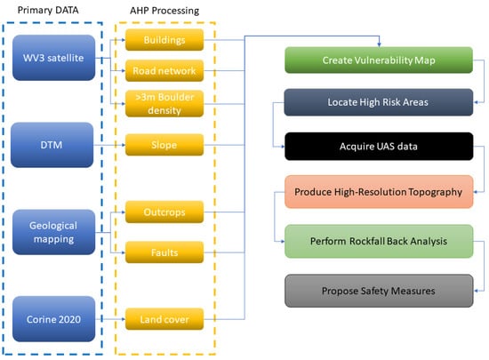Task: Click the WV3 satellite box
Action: pyautogui.click(x=53, y=58)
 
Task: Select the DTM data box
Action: pyautogui.click(x=52, y=145)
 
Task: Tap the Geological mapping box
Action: pyautogui.click(x=53, y=232)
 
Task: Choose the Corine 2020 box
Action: pyautogui.click(x=53, y=319)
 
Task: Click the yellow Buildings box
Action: pyautogui.click(x=164, y=40)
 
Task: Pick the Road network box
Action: pyautogui.click(x=164, y=71)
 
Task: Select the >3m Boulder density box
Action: pyautogui.click(x=164, y=103)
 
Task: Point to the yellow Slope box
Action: pyautogui.click(x=164, y=145)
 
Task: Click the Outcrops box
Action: pyautogui.click(x=164, y=212)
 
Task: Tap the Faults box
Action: pyautogui.click(x=164, y=252)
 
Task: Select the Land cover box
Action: pyautogui.click(x=164, y=319)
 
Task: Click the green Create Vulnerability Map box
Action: pyautogui.click(x=379, y=60)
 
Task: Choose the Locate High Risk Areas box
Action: pyautogui.click(x=379, y=102)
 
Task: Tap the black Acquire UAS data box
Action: pyautogui.click(x=379, y=146)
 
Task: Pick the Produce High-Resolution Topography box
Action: pyautogui.click(x=379, y=192)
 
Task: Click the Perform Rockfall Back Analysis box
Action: pyautogui.click(x=379, y=241)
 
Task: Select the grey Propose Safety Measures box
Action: pyautogui.click(x=379, y=291)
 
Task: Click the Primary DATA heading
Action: pyautogui.click(x=48, y=10)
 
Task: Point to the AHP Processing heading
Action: pyautogui.click(x=164, y=11)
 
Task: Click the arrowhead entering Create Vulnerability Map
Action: pyautogui.click(x=379, y=45)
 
